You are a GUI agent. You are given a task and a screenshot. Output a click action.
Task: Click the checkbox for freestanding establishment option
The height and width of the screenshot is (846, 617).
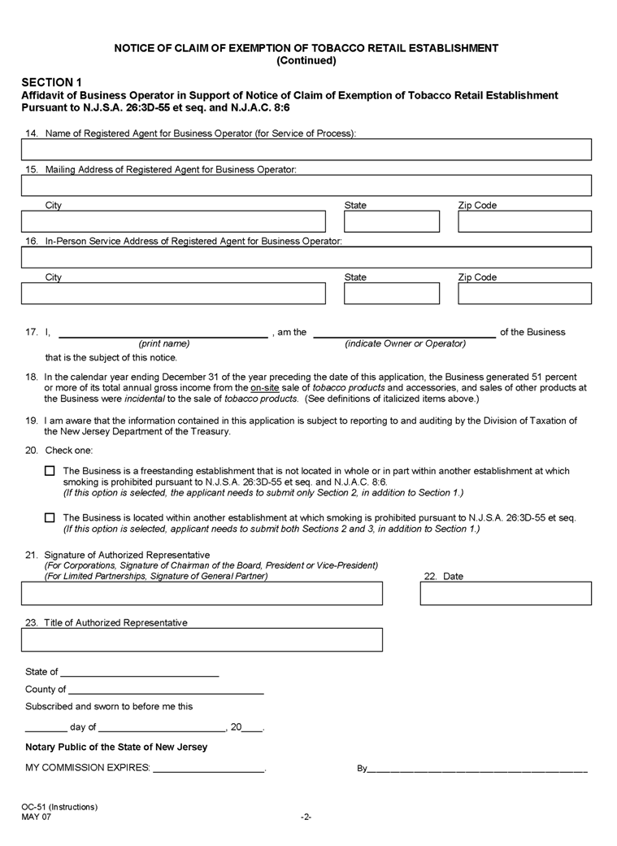point(50,471)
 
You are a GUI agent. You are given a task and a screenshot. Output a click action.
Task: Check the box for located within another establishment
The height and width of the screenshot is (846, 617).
point(50,517)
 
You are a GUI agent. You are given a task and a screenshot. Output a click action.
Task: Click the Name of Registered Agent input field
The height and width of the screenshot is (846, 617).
point(306,150)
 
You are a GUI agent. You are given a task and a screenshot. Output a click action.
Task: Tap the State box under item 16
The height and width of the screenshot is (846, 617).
point(391,294)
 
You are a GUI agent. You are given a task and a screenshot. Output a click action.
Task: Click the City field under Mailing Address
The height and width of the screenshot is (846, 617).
point(173,221)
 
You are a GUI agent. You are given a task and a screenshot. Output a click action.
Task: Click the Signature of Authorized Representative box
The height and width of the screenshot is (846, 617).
point(202,594)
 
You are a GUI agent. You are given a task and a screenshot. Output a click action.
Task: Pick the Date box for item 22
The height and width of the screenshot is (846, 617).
point(506,594)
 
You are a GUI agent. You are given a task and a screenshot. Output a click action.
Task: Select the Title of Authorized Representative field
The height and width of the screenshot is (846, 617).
point(202,640)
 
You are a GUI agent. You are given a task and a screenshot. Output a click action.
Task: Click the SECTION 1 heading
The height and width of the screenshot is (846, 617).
point(52,82)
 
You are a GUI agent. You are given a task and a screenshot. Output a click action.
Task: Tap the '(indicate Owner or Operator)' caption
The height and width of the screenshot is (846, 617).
point(405,344)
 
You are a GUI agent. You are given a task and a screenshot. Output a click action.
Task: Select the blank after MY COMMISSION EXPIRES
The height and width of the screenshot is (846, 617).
point(209,768)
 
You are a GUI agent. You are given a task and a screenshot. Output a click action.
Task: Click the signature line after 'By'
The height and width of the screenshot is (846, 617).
point(478,768)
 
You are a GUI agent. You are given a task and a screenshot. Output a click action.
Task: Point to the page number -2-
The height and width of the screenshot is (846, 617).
point(306,817)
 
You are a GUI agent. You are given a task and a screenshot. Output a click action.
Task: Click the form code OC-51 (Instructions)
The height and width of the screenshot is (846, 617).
point(59,807)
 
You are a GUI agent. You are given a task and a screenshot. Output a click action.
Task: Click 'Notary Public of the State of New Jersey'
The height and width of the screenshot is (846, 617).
point(116,747)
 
